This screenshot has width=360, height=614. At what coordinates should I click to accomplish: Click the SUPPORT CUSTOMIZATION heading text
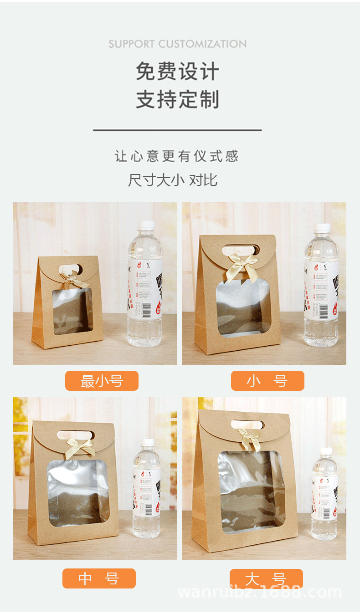(x=177, y=44)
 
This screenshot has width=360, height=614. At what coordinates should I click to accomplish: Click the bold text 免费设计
(x=177, y=72)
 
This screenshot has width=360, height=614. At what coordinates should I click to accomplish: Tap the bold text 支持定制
(x=177, y=100)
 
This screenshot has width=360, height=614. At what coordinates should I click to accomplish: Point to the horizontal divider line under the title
(x=177, y=130)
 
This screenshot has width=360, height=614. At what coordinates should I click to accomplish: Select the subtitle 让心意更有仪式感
(x=177, y=156)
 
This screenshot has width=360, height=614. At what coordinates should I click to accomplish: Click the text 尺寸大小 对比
(x=173, y=180)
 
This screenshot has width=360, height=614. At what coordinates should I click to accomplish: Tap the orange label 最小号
(x=102, y=381)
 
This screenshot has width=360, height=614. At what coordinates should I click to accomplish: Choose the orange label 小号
(x=267, y=381)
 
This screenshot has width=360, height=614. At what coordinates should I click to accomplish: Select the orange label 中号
(x=99, y=578)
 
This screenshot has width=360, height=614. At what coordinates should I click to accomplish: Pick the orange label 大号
(x=266, y=578)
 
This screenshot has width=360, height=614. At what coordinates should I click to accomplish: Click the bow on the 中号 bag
(x=80, y=448)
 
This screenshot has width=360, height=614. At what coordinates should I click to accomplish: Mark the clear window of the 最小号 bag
(x=73, y=311)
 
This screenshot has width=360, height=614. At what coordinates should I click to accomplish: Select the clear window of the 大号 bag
(x=250, y=492)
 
